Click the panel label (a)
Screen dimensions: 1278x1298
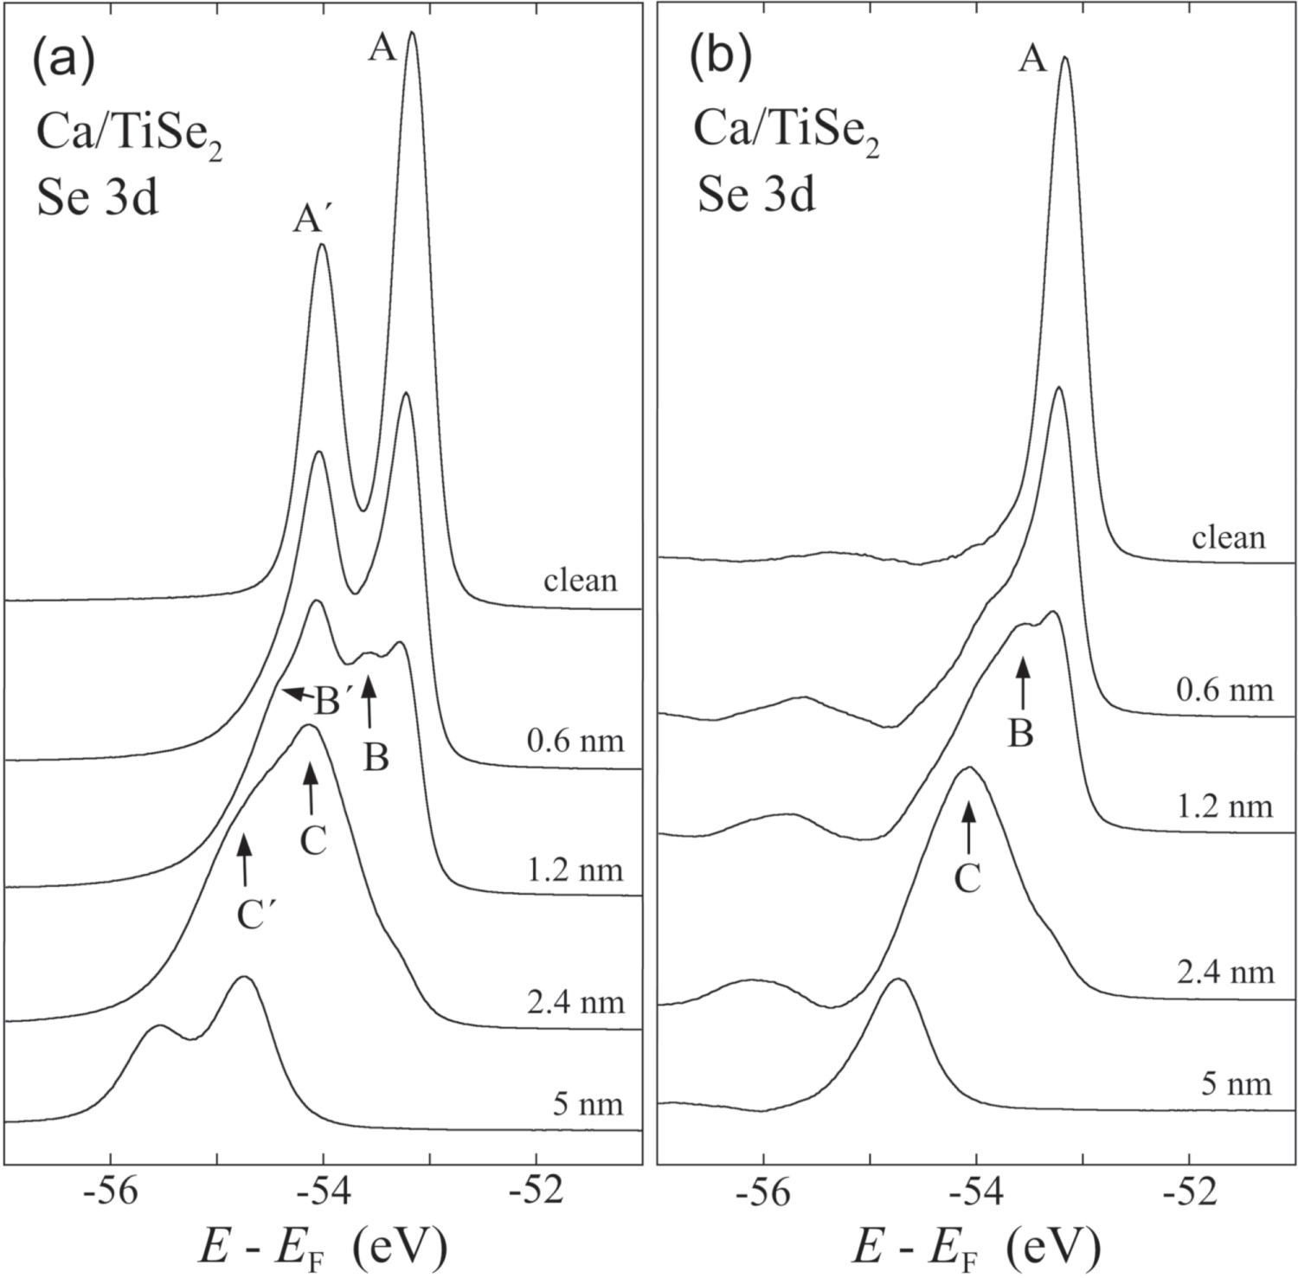62,64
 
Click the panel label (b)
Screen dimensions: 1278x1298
720,60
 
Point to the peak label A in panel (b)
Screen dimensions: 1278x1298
1032,61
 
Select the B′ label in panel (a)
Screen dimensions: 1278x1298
330,702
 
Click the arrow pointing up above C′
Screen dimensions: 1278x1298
244,858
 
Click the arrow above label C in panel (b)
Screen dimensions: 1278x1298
968,826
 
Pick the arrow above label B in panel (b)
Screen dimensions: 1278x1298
1023,684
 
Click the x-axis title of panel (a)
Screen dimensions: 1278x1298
323,1247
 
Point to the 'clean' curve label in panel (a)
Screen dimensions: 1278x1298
581,580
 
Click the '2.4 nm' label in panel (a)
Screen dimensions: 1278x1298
575,1002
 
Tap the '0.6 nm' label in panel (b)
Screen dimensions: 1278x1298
1224,690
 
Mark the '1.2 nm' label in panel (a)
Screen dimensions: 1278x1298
575,869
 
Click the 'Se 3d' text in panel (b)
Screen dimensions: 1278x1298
756,197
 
